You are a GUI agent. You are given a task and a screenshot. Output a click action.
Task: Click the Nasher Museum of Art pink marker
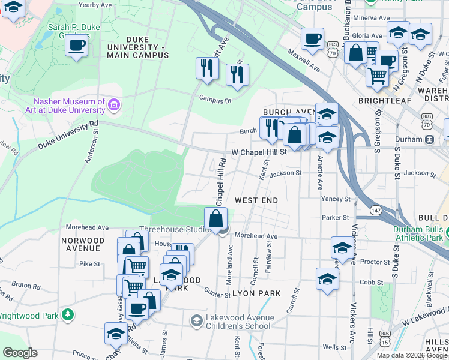point(113,106)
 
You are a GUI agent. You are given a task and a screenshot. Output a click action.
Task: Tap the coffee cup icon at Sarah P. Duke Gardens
point(76,46)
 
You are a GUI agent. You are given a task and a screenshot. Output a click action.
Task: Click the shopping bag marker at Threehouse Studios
point(216,219)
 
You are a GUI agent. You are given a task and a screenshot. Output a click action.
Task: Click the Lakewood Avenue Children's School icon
point(196,322)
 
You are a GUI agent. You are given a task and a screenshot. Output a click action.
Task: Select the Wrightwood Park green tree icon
point(68,314)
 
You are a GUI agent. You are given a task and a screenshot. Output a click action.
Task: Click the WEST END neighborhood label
point(257,199)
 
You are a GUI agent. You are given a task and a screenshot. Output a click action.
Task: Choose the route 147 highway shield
point(376,210)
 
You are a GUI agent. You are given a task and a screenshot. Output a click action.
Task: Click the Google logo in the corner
point(20,353)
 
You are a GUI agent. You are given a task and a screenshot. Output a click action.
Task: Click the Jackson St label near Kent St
point(285,173)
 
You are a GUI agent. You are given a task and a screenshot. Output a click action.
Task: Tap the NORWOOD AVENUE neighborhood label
point(83,244)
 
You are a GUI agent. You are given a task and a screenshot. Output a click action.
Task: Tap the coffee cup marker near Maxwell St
point(312,40)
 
